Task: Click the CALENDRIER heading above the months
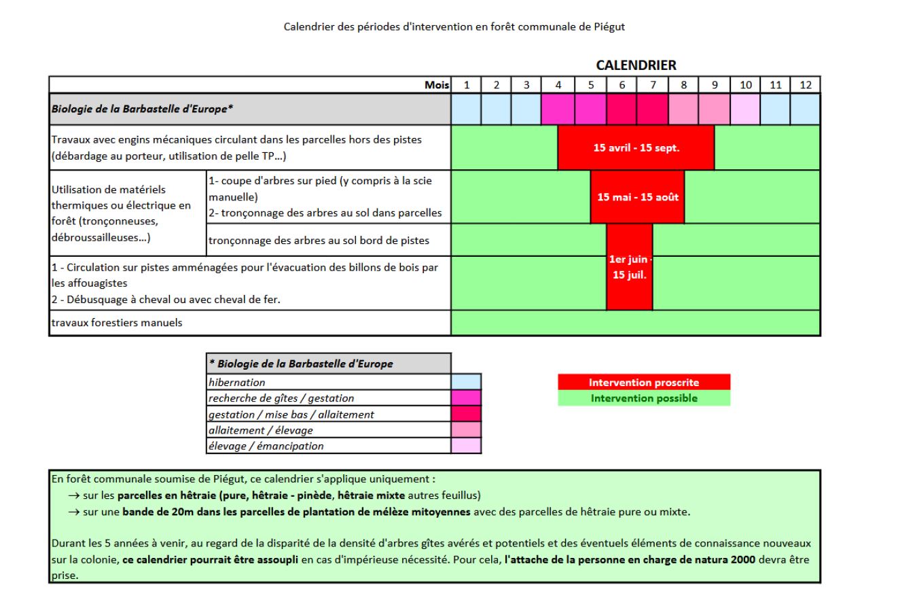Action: point(636,65)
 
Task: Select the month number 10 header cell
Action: point(745,85)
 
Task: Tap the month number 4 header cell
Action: point(558,85)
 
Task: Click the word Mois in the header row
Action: point(437,85)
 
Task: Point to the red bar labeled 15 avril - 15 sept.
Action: point(636,147)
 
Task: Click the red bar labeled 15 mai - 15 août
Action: point(638,196)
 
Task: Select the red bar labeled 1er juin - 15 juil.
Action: point(630,267)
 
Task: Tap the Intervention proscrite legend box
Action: point(644,382)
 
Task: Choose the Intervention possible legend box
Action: point(644,398)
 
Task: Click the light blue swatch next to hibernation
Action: point(466,382)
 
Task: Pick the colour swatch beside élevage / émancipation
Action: point(466,446)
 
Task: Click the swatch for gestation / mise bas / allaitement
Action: point(466,414)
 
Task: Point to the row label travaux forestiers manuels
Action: point(117,323)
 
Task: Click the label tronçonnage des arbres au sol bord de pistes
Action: point(319,241)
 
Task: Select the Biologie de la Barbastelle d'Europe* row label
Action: point(142,109)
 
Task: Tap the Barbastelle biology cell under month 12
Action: point(805,109)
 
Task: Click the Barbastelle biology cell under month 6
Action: point(622,109)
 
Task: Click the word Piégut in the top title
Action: point(609,27)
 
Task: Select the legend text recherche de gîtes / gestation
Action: point(281,398)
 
